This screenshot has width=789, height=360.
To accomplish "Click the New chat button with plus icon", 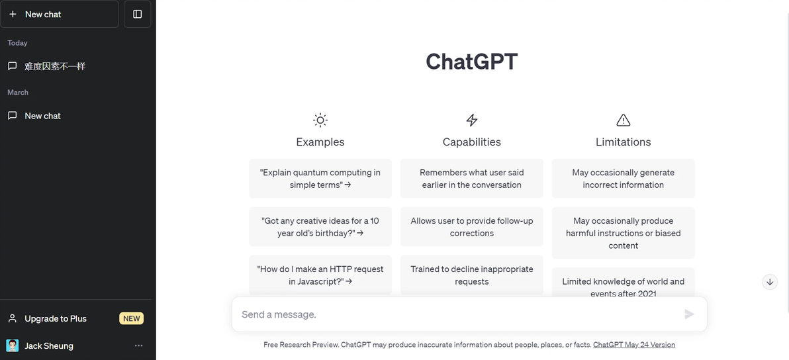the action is (60, 14).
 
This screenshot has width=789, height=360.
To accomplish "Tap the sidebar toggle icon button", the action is (138, 14).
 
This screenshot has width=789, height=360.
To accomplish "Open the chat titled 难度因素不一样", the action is (55, 66).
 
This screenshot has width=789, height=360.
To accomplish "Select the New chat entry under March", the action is (43, 116).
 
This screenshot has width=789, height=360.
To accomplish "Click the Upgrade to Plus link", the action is (56, 318).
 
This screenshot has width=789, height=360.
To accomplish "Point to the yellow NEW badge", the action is (131, 318).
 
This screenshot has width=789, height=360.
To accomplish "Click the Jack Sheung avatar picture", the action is (13, 345).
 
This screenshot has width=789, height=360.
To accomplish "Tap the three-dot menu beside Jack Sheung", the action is (139, 345).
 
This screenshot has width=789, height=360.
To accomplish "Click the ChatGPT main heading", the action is (471, 62).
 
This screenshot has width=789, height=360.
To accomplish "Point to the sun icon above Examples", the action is (320, 120).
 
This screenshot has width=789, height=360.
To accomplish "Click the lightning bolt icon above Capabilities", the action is (471, 120).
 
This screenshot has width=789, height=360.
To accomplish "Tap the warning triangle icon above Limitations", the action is (623, 120).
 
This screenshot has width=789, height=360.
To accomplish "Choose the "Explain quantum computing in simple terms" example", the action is (320, 179).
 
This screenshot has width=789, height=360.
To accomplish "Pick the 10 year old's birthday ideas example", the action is (320, 227).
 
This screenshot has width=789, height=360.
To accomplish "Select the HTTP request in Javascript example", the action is (320, 275).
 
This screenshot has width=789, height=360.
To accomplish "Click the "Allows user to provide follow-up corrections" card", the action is (471, 227).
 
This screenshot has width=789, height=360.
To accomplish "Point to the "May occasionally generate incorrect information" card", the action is (623, 179).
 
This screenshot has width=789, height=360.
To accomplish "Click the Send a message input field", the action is (458, 314).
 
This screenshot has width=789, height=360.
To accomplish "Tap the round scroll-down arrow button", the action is (770, 281).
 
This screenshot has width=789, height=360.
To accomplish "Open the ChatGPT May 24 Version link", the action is (634, 344).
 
